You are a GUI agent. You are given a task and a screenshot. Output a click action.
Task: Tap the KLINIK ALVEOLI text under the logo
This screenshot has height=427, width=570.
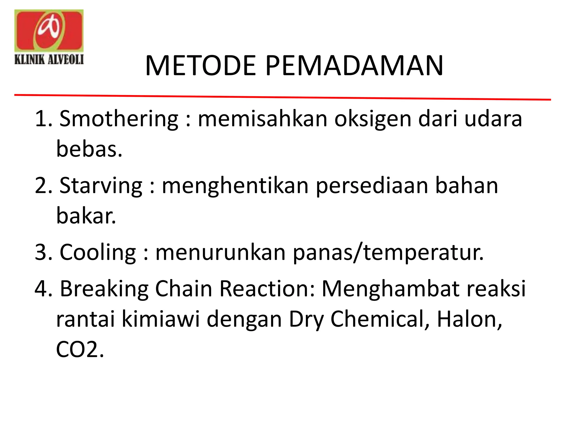pos(49,59)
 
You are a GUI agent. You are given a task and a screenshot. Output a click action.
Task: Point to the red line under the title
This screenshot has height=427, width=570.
pos(282,97)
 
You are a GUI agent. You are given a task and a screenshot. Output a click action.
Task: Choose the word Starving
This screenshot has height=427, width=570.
pos(101,186)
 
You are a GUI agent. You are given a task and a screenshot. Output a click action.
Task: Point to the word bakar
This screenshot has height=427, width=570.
pos(86,216)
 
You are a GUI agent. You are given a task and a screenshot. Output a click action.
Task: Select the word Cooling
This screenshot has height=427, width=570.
pos(98,252)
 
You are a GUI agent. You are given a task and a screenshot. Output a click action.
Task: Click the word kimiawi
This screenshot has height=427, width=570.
pos(161,319)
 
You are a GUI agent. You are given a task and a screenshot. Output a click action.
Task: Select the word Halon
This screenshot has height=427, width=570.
pos(469,319)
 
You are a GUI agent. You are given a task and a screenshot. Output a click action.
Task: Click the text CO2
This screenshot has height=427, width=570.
pos(80,349)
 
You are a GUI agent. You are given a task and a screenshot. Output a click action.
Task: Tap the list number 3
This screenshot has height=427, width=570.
pos(43,252)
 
